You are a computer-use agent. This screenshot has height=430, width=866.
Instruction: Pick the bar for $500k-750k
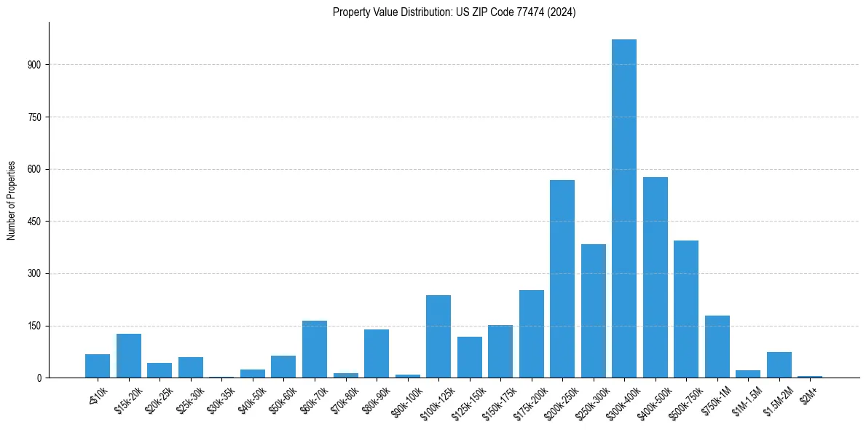point(686,309)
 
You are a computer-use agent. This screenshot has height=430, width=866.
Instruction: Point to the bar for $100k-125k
point(438,336)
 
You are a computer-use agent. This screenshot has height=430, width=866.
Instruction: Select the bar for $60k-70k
point(315,349)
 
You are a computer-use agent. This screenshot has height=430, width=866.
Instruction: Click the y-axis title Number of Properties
point(11,200)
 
